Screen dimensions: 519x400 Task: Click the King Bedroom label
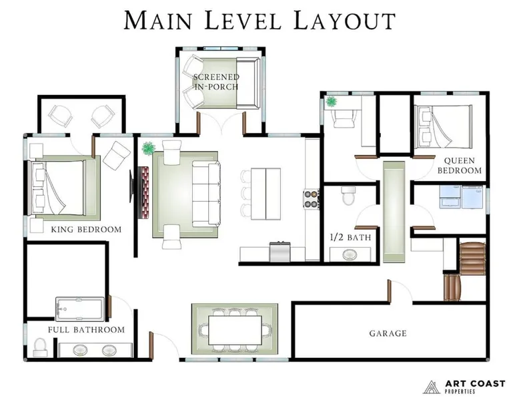coord(86,229)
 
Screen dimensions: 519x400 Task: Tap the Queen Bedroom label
coord(460,166)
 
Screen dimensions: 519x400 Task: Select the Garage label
coord(388,333)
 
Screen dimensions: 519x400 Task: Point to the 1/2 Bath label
coord(350,237)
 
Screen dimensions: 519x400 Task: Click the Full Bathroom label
coord(86,330)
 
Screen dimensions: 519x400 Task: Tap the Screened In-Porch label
coord(216,81)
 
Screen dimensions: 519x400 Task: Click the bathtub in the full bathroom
coord(80,309)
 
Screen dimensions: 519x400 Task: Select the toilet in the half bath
coord(348,196)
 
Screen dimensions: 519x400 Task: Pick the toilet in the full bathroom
coord(40,348)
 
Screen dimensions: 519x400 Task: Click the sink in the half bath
coord(350,255)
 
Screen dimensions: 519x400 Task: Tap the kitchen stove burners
coord(311,199)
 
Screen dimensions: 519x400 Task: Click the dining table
coord(235,330)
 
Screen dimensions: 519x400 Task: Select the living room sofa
coord(206,194)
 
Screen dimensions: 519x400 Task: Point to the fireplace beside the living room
coord(144,192)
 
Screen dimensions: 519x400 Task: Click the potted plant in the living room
coord(149,148)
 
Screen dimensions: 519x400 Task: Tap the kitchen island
coord(266,194)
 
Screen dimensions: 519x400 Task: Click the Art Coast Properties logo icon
coord(432,387)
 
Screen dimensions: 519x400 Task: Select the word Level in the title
coord(243,21)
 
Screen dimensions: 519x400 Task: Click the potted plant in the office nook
coord(331,102)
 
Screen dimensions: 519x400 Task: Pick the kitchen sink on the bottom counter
coord(280,252)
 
